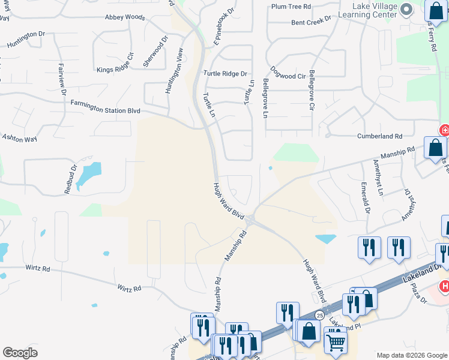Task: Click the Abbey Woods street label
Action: [x=125, y=17]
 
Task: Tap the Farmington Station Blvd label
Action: [x=106, y=110]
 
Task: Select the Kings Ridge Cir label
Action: [x=115, y=69]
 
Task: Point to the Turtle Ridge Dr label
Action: [x=225, y=74]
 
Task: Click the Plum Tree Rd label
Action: [x=291, y=7]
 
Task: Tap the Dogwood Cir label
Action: [x=288, y=76]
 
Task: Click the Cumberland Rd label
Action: [x=379, y=136]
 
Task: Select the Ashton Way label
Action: [x=19, y=138]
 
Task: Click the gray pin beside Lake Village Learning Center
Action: [x=406, y=8]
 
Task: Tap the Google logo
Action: [x=20, y=353]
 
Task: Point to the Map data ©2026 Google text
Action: [x=412, y=355]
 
